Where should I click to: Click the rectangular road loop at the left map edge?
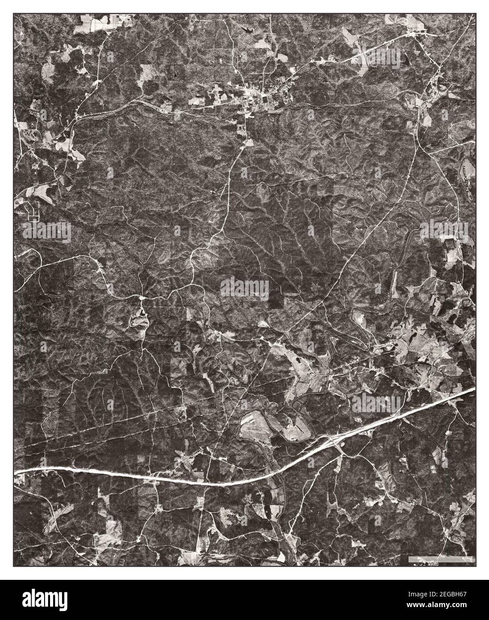[x=33, y=211]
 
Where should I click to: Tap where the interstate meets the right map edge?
[x=474, y=389]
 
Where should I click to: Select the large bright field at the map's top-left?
[x=94, y=23]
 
